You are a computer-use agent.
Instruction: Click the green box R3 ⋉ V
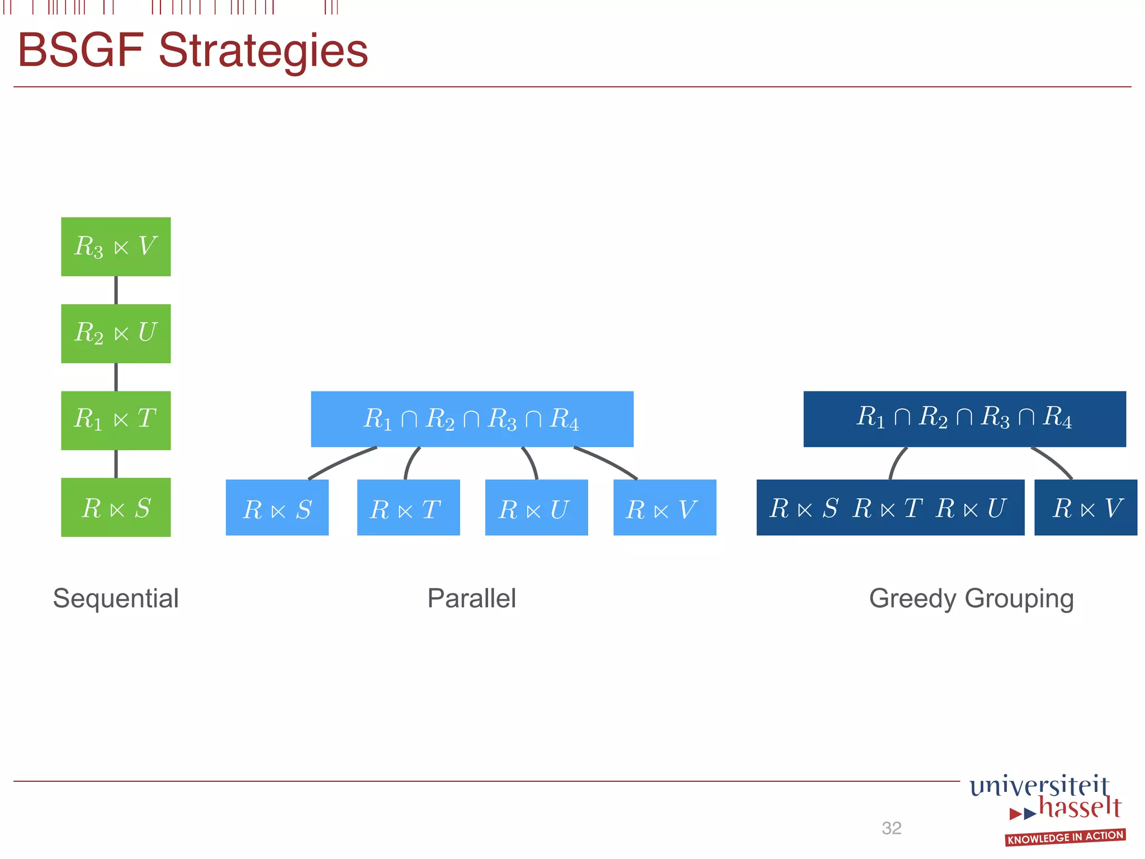tap(116, 247)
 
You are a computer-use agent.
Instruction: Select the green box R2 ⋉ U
tap(116, 333)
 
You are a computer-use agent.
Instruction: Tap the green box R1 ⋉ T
tap(116, 420)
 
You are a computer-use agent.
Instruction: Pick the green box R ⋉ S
tap(116, 507)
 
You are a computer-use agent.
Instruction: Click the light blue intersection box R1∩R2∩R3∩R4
tap(472, 419)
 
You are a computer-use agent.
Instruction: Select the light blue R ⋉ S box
tap(277, 508)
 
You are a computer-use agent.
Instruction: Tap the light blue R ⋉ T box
tap(408, 508)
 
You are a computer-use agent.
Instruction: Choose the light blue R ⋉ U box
tap(536, 508)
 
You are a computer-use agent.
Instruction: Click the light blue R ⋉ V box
tap(665, 508)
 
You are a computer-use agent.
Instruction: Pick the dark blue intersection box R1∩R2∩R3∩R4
tap(964, 419)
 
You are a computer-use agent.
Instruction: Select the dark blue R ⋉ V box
tap(1086, 508)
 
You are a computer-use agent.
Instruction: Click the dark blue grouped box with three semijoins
tap(890, 508)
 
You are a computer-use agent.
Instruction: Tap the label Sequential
tap(116, 598)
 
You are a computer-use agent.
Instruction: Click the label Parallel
tap(471, 598)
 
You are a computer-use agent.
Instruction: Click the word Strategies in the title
tap(263, 51)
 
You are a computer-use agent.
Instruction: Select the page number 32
tap(891, 828)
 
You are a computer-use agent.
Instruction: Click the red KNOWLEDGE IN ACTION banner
tap(1065, 837)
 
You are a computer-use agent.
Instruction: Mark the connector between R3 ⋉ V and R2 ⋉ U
tap(116, 290)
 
